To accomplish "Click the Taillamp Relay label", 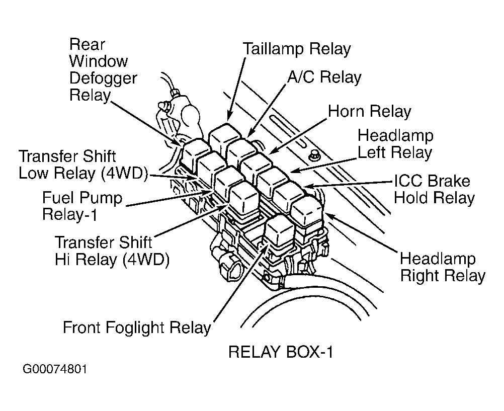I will tap(296, 49).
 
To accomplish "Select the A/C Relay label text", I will tap(324, 77).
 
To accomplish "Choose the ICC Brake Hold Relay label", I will tap(434, 189).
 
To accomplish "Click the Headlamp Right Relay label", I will tap(443, 267).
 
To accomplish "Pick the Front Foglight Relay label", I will tap(136, 328).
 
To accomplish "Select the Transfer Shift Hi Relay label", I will tap(111, 250).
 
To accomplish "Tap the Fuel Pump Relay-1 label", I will tap(82, 206).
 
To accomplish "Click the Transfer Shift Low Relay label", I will tap(82, 165).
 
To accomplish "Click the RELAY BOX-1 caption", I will tap(281, 352).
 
